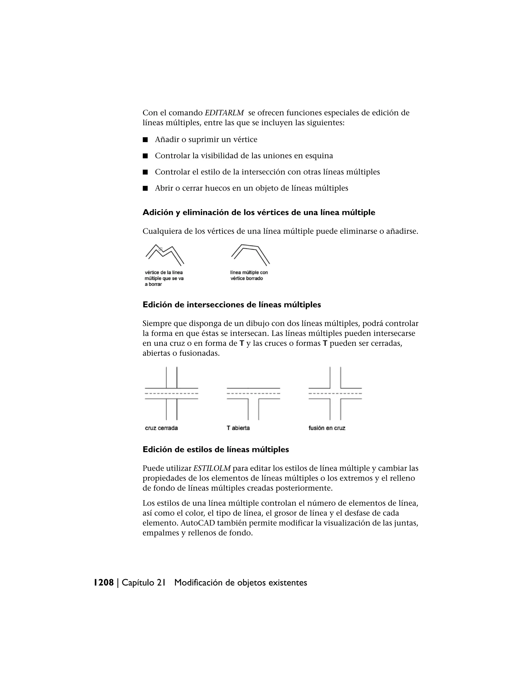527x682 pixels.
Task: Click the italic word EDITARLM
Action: point(224,113)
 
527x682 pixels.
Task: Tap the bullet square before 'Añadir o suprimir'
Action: point(145,139)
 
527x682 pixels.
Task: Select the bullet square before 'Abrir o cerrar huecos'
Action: point(145,188)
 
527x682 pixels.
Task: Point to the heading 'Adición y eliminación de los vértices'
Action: point(259,213)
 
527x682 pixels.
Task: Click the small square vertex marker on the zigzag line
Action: point(161,249)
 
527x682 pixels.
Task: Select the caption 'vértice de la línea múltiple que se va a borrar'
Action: point(164,278)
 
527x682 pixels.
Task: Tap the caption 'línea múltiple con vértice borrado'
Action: point(249,275)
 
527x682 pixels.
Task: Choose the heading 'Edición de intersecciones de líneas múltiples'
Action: point(232,305)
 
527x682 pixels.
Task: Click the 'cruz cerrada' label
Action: point(161,428)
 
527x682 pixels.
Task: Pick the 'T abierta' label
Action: point(238,428)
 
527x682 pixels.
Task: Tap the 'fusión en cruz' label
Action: point(327,428)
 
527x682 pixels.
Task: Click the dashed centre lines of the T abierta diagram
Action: point(253,394)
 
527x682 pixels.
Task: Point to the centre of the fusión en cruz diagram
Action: point(335,394)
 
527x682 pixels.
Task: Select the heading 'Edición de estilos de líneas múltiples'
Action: point(216,450)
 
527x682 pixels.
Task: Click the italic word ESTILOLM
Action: point(212,468)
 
